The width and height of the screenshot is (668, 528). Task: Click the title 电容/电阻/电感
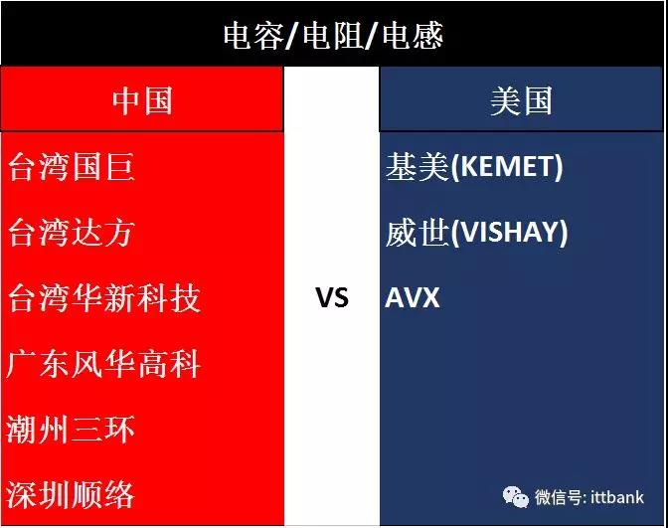pyautogui.click(x=333, y=36)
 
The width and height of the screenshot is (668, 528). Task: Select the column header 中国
pyautogui.click(x=142, y=100)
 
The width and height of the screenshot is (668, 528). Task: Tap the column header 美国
pyautogui.click(x=521, y=100)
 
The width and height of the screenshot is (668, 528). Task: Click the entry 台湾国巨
pyautogui.click(x=72, y=167)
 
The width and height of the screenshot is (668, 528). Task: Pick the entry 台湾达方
pyautogui.click(x=72, y=233)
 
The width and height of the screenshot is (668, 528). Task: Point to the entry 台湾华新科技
pyautogui.click(x=104, y=298)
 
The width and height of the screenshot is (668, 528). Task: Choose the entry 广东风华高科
pyautogui.click(x=103, y=364)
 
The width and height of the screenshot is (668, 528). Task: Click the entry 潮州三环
pyautogui.click(x=71, y=430)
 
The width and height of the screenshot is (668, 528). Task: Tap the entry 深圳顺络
pyautogui.click(x=71, y=495)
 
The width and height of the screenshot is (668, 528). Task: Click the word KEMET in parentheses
pyautogui.click(x=507, y=166)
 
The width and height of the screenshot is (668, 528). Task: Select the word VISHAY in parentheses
pyautogui.click(x=509, y=232)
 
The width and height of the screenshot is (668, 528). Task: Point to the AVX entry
pyautogui.click(x=412, y=297)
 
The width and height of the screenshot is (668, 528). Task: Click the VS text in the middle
pyautogui.click(x=332, y=297)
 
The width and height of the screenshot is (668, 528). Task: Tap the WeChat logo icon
pyautogui.click(x=516, y=497)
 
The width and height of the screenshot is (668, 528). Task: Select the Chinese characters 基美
pyautogui.click(x=417, y=166)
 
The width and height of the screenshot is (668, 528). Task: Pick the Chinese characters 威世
pyautogui.click(x=417, y=233)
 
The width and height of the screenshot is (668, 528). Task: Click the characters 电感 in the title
pyautogui.click(x=413, y=36)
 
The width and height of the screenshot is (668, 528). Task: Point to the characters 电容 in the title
pyautogui.click(x=253, y=36)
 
